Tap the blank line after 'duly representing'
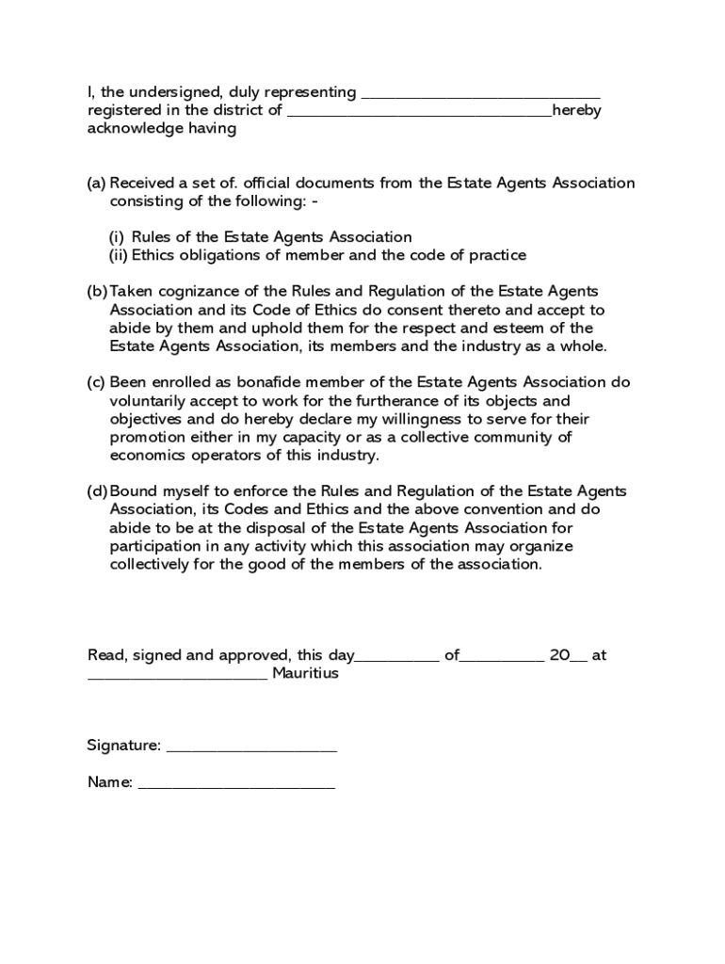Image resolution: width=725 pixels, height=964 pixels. [x=480, y=94]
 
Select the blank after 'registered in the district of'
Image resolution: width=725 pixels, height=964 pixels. [x=419, y=112]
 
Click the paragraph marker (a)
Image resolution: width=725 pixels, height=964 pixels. [x=96, y=183]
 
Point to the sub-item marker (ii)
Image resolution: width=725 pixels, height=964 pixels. [x=117, y=255]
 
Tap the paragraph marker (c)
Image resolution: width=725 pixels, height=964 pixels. [x=96, y=382]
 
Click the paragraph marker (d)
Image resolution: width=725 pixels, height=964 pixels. [x=97, y=491]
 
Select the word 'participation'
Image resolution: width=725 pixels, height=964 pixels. [x=155, y=546]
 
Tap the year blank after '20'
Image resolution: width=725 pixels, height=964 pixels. [x=578, y=657]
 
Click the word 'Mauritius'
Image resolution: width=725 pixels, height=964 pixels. [x=305, y=674]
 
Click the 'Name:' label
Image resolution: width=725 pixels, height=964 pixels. [x=110, y=782]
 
